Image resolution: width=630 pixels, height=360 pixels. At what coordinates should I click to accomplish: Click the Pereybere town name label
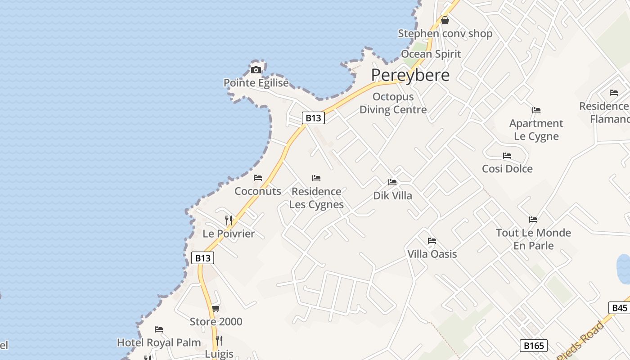tap(410, 75)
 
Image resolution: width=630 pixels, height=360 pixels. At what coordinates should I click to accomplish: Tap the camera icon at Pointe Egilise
tap(256, 70)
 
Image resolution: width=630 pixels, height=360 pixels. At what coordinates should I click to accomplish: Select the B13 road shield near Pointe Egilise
tap(313, 118)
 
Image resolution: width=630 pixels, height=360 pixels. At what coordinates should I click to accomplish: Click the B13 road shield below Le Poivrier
tap(202, 258)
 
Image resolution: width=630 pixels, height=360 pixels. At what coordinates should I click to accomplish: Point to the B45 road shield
tap(620, 308)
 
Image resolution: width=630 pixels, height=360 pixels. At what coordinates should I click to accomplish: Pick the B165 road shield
tap(534, 346)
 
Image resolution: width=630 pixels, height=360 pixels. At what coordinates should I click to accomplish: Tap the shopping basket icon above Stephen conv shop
tap(445, 20)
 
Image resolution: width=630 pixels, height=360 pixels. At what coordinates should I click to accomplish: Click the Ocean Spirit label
tap(431, 54)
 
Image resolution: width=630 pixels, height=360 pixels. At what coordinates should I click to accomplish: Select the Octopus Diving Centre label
tap(393, 103)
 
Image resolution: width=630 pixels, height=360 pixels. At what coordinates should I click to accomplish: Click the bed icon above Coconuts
tap(258, 178)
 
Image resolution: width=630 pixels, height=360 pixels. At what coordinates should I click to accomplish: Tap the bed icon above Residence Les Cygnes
tap(316, 178)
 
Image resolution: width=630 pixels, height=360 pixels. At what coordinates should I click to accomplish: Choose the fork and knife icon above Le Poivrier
tap(229, 220)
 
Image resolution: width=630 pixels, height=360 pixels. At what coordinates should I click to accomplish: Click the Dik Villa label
tap(392, 196)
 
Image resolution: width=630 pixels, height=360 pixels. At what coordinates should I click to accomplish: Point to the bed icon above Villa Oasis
tap(432, 241)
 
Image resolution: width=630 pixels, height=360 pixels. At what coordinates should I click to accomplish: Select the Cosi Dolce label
tap(507, 169)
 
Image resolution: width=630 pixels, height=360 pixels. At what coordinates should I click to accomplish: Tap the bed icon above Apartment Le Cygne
tap(536, 110)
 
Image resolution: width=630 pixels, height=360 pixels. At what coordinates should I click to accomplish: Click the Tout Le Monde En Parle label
tap(533, 239)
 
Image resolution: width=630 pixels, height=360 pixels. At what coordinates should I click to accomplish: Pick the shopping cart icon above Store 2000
tap(216, 308)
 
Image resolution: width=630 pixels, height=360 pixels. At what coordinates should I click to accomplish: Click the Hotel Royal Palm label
tap(159, 342)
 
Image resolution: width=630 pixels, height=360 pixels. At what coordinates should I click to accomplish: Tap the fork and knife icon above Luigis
tap(219, 340)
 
